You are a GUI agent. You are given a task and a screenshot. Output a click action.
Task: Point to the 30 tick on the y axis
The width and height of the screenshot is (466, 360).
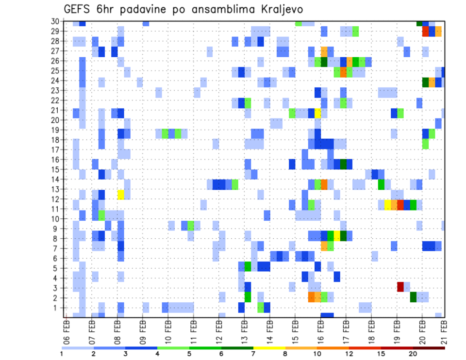click(55, 21)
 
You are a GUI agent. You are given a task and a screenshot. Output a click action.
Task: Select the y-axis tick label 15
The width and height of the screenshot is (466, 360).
click(55, 169)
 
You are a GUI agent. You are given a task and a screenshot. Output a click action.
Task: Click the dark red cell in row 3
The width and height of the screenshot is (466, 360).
click(400, 287)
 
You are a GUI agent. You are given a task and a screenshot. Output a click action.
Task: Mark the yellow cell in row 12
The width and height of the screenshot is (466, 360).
click(120, 195)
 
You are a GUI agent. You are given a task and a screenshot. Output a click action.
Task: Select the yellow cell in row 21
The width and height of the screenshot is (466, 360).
click(318, 113)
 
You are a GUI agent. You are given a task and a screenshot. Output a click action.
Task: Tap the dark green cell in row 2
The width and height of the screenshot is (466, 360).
click(413, 296)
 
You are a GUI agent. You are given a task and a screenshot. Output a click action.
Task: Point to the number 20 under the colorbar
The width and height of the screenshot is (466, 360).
click(413, 354)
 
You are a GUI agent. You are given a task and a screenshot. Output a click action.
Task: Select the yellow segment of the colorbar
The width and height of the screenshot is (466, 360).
click(269, 348)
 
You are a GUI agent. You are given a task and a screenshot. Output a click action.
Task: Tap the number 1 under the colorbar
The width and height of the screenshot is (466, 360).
click(62, 354)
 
